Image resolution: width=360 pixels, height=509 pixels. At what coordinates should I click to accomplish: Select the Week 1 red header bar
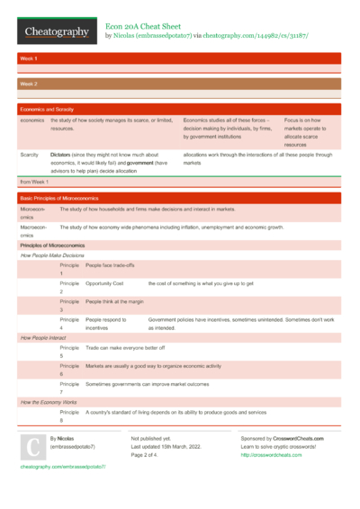(180, 58)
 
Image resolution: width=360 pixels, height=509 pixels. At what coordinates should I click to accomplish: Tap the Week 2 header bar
(180, 83)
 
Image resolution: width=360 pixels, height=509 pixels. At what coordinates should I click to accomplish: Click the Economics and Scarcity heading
(47, 109)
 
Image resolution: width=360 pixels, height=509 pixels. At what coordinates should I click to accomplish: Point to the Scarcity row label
(30, 155)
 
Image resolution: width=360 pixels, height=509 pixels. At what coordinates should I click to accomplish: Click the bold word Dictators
(61, 155)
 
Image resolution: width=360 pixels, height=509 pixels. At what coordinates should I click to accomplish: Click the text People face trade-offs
(110, 266)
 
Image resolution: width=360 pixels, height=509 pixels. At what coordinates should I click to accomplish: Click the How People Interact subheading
(44, 337)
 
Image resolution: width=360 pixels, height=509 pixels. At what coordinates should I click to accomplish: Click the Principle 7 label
(69, 388)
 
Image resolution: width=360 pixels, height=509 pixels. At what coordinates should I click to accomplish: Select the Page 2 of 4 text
(149, 455)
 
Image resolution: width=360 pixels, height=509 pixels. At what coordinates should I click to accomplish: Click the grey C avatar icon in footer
(31, 448)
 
